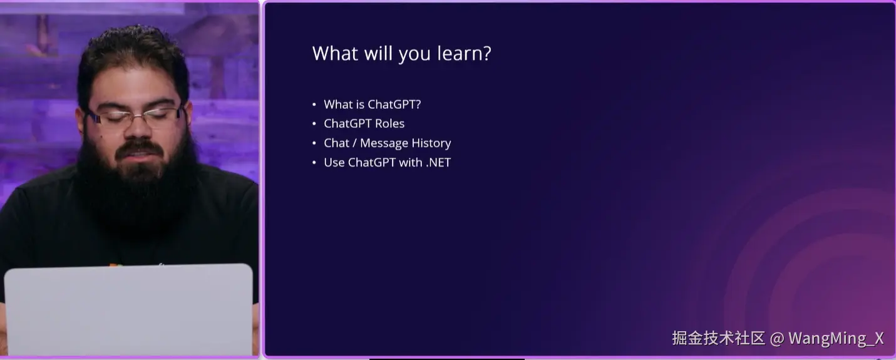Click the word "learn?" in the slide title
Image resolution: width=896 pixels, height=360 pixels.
click(464, 54)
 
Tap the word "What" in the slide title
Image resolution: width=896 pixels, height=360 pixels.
click(335, 53)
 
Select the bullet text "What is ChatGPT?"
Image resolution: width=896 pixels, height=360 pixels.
click(373, 105)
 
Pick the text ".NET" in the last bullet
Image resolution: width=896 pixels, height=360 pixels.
click(438, 163)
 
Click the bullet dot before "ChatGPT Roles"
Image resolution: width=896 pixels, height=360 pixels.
click(314, 124)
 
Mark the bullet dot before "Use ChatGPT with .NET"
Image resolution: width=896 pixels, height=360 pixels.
click(314, 163)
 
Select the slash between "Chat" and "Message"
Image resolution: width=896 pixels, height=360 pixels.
click(354, 143)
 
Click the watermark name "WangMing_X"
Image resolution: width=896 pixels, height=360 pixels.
click(836, 339)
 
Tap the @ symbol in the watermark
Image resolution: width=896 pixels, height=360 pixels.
click(777, 339)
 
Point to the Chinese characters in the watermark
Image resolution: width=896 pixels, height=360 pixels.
click(718, 338)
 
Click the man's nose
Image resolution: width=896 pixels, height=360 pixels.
click(138, 128)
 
